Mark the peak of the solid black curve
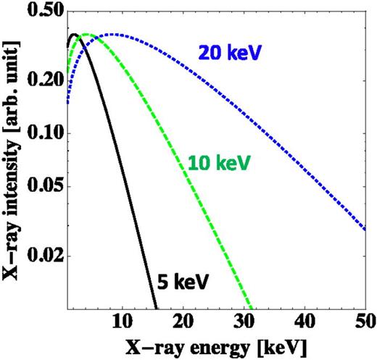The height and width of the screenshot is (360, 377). click(x=73, y=35)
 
